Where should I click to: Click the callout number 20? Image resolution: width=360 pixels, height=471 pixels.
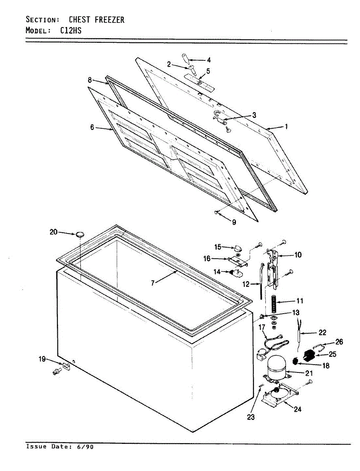click(x=53, y=232)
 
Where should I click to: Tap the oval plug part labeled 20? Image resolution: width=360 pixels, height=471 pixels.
click(x=80, y=234)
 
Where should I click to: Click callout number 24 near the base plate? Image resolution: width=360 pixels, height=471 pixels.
click(x=298, y=409)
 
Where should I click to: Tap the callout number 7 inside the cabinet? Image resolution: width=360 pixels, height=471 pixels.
click(x=154, y=283)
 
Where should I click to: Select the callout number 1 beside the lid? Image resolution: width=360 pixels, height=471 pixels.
click(x=286, y=126)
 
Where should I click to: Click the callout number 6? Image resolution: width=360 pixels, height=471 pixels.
click(x=92, y=127)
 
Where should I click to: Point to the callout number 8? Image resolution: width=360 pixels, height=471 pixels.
click(x=90, y=80)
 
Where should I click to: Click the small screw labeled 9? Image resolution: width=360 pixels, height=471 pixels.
click(x=217, y=212)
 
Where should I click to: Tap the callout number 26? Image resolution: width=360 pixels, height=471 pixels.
click(x=339, y=342)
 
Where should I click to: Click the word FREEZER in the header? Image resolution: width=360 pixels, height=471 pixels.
click(x=110, y=20)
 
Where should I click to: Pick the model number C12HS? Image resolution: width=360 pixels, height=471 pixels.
click(x=71, y=30)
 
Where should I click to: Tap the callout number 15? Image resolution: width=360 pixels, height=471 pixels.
click(x=218, y=247)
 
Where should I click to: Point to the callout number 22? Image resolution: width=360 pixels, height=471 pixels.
click(x=322, y=333)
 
